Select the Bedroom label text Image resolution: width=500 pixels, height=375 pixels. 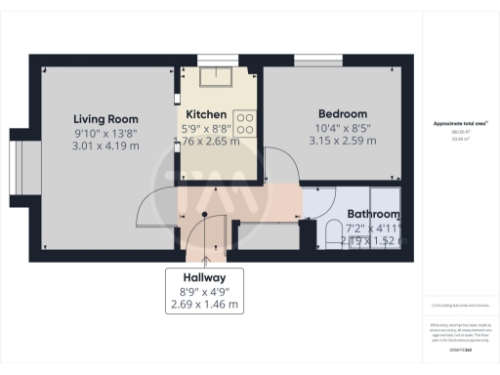click(341, 113)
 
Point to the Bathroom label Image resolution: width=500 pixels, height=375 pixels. click(374, 214)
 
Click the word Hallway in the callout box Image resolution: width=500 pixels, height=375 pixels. click(204, 275)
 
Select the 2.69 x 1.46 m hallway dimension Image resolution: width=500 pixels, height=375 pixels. click(204, 304)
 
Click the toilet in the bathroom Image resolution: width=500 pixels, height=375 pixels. click(332, 231)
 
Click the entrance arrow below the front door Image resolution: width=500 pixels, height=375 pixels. click(204, 259)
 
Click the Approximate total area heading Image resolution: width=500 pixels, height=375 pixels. click(460, 123)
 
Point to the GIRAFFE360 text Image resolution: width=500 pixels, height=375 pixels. click(460, 349)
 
